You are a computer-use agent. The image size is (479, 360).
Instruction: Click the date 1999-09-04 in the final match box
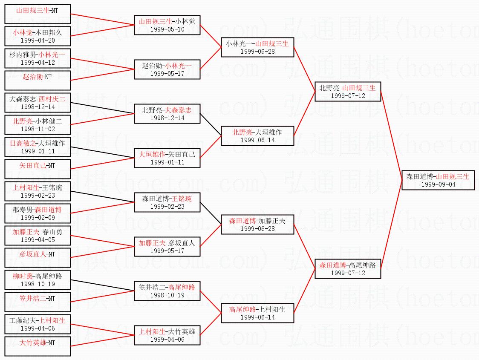438,184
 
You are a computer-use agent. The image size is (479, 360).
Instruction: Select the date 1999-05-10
167,29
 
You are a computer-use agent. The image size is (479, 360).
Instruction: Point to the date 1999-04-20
38,40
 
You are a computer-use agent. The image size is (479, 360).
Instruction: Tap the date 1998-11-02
38,129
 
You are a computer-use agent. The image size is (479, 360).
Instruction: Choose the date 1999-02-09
38,217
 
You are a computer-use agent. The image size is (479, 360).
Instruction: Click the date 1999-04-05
38,240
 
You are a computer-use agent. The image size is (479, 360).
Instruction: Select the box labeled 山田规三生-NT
38,14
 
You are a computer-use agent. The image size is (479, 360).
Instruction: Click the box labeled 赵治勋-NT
38,80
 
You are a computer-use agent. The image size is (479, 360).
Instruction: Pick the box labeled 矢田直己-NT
38,169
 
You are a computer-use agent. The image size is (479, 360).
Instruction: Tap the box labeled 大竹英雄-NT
38,346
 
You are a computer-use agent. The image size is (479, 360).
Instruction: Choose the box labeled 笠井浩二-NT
38,302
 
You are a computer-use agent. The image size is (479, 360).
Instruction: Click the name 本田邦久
49,32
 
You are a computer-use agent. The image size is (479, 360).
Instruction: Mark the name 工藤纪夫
22,321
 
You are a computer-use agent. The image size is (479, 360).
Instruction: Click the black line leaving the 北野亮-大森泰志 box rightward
211,124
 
